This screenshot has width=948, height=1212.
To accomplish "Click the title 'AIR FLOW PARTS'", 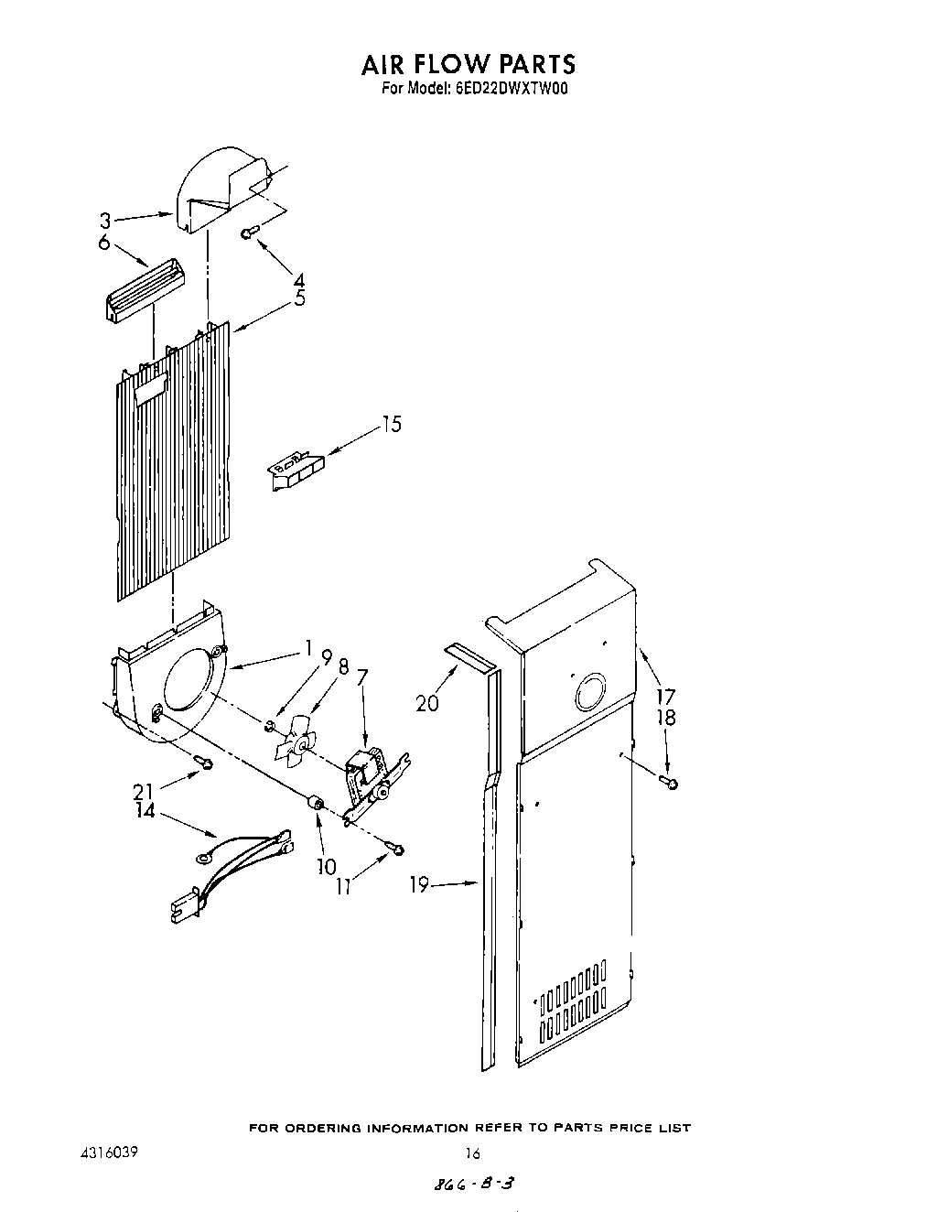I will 468,64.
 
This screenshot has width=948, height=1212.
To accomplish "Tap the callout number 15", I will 391,425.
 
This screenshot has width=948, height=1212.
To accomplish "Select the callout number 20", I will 427,703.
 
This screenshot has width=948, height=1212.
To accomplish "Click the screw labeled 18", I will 670,781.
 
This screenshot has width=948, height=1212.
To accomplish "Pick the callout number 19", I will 418,886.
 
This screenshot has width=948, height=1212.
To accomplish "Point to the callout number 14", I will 145,810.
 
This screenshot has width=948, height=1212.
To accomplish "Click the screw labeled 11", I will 395,850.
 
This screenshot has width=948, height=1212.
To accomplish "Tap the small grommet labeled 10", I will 315,803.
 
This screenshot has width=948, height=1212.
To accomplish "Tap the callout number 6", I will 103,243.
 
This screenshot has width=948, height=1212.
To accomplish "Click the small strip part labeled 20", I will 468,655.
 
